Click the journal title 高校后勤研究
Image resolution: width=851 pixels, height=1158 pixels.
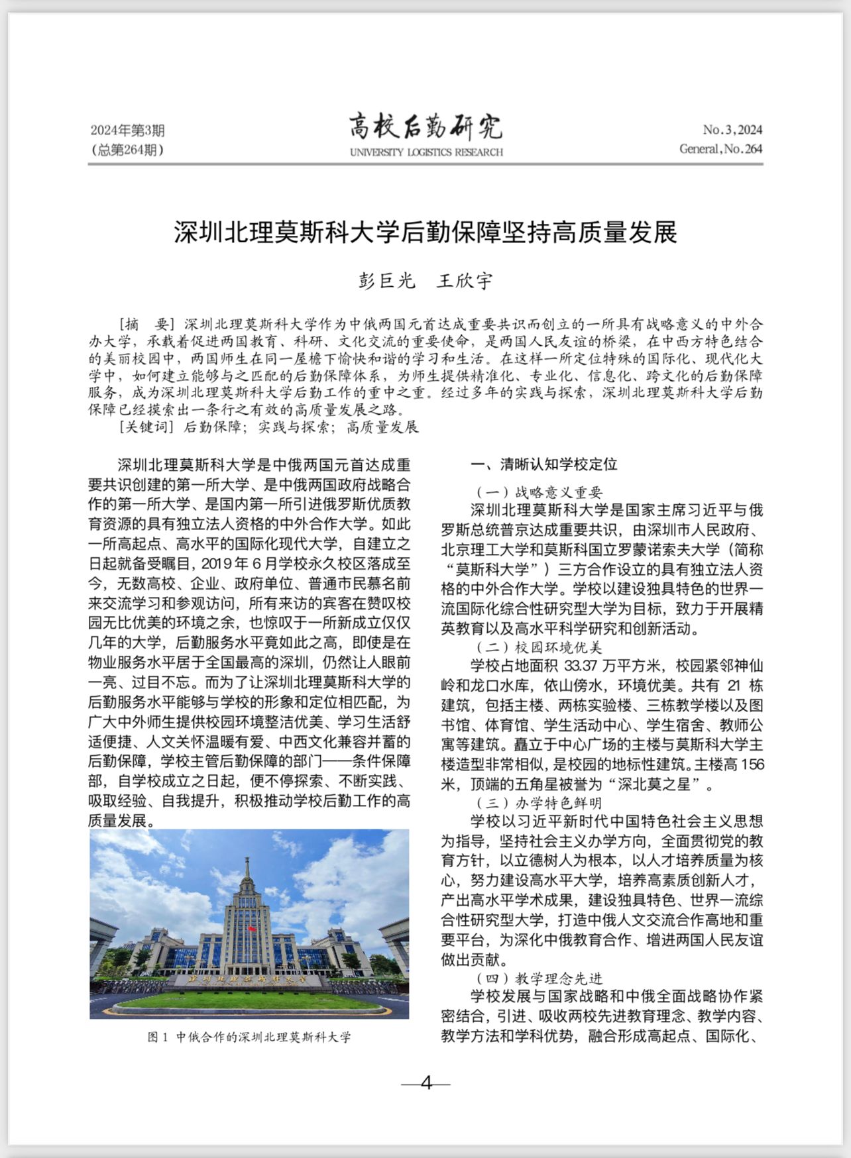(x=425, y=127)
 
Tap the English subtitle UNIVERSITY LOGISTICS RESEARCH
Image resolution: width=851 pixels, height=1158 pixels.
(x=426, y=152)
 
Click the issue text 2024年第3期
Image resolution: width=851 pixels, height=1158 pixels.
(x=127, y=131)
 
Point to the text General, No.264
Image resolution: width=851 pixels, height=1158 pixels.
(x=720, y=148)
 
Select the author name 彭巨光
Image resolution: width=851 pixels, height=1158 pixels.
(x=386, y=281)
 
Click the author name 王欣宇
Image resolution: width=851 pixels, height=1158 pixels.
(x=465, y=281)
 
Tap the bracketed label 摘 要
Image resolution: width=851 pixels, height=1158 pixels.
(x=145, y=325)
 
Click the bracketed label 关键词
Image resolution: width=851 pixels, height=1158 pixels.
(x=146, y=427)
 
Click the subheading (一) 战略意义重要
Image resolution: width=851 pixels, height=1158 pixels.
(x=539, y=492)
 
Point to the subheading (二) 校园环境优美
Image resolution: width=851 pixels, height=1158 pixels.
(x=539, y=647)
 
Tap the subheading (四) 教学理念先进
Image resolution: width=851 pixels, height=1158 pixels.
(x=539, y=978)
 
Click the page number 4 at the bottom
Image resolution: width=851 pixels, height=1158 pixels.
(x=425, y=1082)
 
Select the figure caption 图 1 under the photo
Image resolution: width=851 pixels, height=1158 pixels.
(x=249, y=1037)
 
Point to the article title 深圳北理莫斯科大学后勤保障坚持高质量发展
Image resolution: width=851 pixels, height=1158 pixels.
(x=425, y=233)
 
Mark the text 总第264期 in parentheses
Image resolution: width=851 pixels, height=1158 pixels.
(x=127, y=150)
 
